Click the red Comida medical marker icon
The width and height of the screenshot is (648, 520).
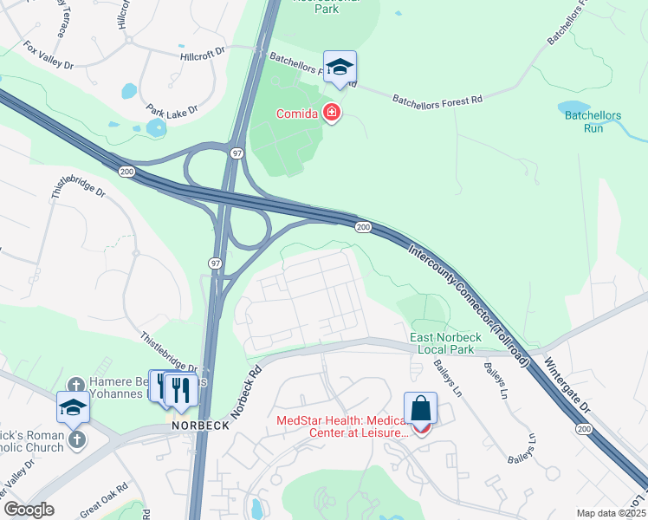tap(331, 113)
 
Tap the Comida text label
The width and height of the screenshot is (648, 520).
tap(297, 114)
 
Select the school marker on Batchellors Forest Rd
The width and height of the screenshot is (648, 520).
tap(340, 68)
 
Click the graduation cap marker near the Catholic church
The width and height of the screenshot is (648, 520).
tap(73, 407)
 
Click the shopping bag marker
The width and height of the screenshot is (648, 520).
tap(420, 408)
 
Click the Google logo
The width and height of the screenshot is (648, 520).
tap(29, 510)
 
